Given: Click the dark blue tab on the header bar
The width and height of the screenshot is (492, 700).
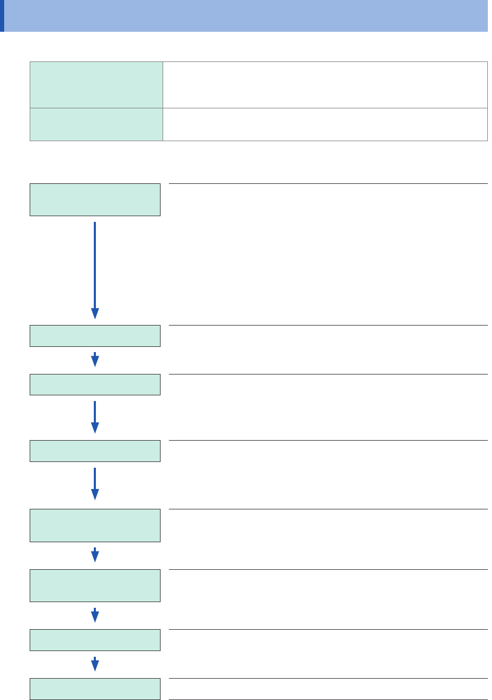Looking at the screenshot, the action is click(2, 16).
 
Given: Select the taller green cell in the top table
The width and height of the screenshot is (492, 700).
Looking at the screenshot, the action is click(96, 85).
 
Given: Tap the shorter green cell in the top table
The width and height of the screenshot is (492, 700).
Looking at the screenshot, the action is click(96, 124).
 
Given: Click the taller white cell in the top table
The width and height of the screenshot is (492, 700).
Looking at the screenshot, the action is click(325, 85).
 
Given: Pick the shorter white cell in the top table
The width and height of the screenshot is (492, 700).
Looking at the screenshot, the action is click(325, 124).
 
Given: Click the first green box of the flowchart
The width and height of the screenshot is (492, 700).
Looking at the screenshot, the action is click(95, 199).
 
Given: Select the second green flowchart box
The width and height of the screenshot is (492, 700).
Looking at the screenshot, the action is click(95, 336).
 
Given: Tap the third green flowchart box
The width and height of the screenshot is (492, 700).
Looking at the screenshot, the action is click(95, 384).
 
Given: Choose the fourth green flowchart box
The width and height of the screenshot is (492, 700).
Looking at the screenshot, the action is click(95, 451).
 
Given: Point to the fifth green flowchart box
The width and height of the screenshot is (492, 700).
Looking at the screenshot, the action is click(95, 526).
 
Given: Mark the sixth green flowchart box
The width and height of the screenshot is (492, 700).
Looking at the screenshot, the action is click(95, 585).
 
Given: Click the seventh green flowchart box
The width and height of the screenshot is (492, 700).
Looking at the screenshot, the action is click(95, 640).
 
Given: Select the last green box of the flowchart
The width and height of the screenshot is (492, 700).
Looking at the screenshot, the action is click(95, 689).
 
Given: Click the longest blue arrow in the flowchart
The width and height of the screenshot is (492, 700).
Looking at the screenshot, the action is click(95, 270).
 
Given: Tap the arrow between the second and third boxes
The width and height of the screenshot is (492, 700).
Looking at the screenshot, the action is click(95, 360).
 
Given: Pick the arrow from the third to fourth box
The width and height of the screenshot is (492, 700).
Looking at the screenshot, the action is click(95, 417).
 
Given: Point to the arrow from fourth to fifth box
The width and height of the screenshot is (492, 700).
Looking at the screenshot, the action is click(95, 484).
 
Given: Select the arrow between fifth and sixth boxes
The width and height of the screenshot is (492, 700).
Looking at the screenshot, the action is click(95, 555).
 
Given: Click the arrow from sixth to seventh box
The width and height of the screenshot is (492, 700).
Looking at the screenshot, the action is click(95, 616).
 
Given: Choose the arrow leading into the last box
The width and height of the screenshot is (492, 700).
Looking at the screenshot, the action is click(95, 665).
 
